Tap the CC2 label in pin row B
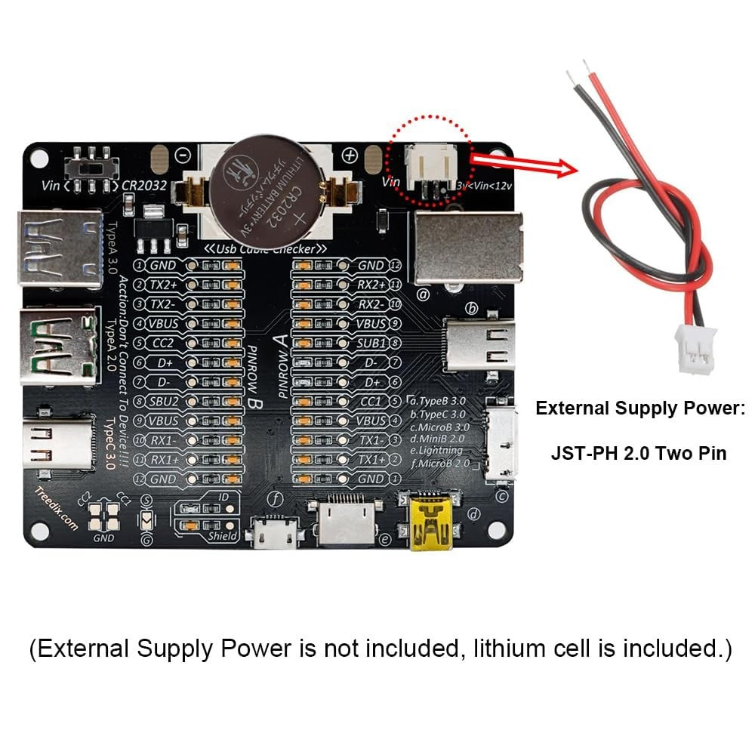(163, 343)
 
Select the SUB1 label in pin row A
(371, 343)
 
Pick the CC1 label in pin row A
(371, 401)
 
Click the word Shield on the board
(222, 536)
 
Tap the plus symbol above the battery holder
(349, 155)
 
